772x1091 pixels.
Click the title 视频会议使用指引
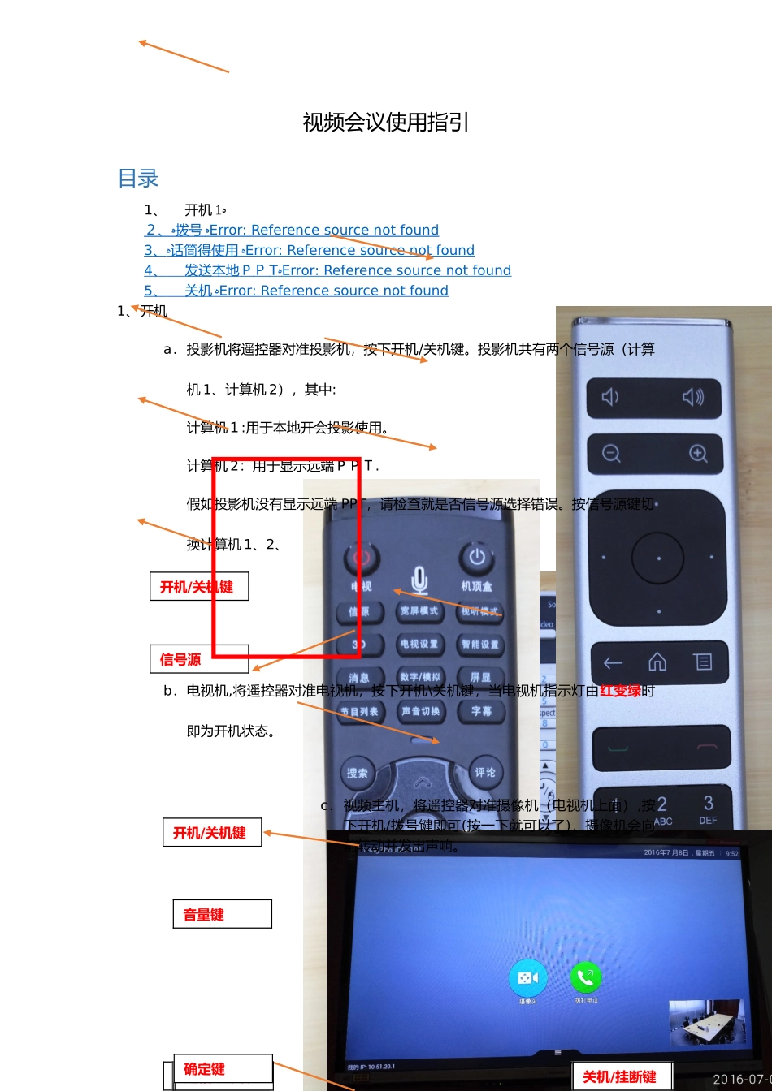tap(386, 123)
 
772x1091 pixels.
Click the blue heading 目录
tap(138, 179)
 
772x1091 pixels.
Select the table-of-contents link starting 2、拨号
tap(292, 231)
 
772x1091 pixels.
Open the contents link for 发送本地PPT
tap(327, 270)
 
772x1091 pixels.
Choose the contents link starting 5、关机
tap(296, 291)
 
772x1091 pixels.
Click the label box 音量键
tap(221, 915)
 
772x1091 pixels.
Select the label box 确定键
tap(217, 1069)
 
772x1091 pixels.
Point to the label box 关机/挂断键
tap(622, 1076)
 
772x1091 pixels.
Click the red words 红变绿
tap(620, 692)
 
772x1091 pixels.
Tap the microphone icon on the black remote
tap(419, 580)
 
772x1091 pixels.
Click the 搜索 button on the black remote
tap(358, 774)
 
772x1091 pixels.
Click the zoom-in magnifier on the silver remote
tap(698, 454)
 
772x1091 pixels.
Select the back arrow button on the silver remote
tap(613, 662)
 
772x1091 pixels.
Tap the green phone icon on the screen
tap(585, 978)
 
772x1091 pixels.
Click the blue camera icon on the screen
tap(528, 978)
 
